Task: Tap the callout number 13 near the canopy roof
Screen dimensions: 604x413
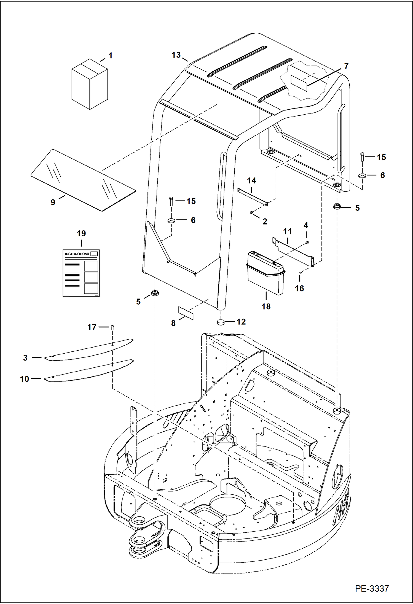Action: point(176,55)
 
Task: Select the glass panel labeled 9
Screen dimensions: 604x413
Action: point(83,180)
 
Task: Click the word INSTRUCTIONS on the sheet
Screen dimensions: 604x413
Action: point(77,254)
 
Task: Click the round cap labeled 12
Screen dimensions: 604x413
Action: point(221,322)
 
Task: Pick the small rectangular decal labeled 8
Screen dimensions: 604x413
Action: point(186,313)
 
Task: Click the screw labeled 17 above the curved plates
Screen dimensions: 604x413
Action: point(112,327)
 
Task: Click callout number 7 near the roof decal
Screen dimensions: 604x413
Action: point(346,66)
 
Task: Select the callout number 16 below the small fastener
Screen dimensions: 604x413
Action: point(299,288)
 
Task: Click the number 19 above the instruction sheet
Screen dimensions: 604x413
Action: point(81,233)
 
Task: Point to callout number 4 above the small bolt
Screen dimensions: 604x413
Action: point(306,225)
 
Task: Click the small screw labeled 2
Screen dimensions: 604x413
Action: point(252,212)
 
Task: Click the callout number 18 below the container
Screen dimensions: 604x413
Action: point(266,306)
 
